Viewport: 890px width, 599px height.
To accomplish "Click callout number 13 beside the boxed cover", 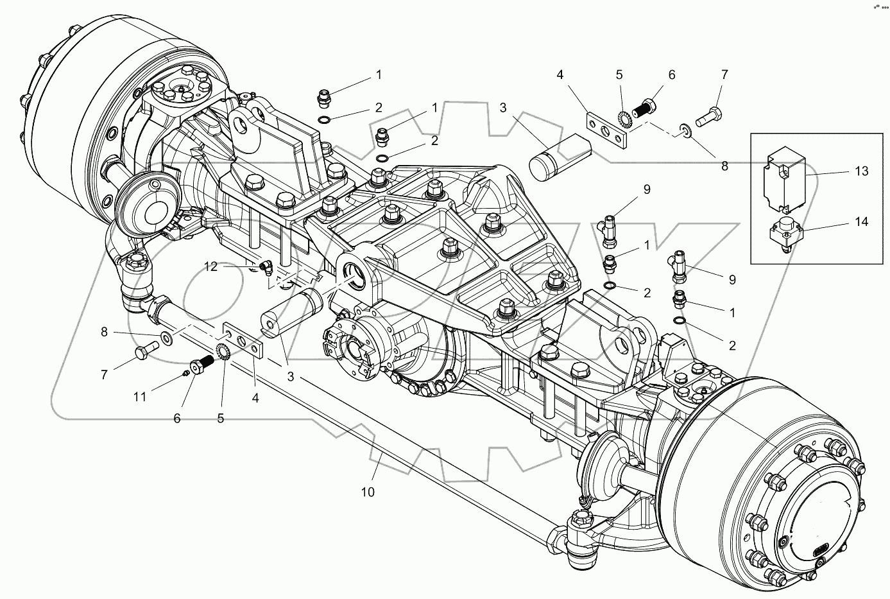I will pyautogui.click(x=860, y=171).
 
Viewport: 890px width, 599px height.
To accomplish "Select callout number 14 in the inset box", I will pyautogui.click(x=860, y=222).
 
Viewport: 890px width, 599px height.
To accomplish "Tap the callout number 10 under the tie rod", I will pyautogui.click(x=368, y=492).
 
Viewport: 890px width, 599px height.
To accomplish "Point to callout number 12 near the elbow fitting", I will pyautogui.click(x=212, y=266).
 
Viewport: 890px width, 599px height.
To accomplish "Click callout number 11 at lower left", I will pyautogui.click(x=139, y=397).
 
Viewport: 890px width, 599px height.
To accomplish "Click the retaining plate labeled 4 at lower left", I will pyautogui.click(x=244, y=340).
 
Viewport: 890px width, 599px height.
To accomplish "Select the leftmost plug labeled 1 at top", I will pyautogui.click(x=325, y=100).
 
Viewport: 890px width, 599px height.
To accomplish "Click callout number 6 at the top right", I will pyautogui.click(x=671, y=75).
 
